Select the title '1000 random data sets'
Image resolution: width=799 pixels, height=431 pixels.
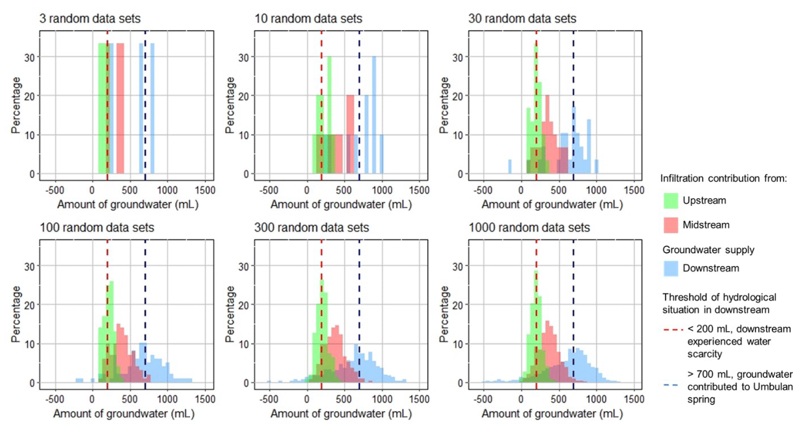tap(529, 228)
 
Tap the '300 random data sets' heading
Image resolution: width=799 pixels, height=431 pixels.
tap(312, 228)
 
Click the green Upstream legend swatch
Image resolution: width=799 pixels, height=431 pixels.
tap(673, 200)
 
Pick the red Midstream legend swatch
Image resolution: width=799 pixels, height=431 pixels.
tap(673, 225)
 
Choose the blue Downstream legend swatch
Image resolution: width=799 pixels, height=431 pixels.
tap(673, 268)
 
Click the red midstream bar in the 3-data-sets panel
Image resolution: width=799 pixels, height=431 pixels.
tap(120, 108)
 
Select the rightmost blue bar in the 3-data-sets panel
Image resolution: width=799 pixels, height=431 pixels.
tap(152, 108)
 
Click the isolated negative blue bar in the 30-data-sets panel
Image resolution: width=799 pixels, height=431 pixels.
tap(510, 166)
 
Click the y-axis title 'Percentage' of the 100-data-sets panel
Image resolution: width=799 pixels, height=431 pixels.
tap(16, 312)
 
